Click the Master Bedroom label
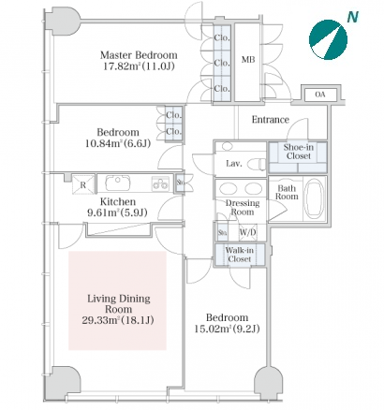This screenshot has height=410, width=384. pyautogui.click(x=139, y=55)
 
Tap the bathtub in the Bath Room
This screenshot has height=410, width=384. pyautogui.click(x=315, y=198)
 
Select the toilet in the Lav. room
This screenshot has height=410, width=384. pyautogui.click(x=258, y=164)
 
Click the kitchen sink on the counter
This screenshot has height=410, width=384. pyautogui.click(x=117, y=183)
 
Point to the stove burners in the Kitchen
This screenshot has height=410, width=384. pyautogui.click(x=160, y=183)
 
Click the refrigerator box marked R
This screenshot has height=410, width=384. pyautogui.click(x=82, y=183)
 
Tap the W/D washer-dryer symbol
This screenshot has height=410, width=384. pyautogui.click(x=247, y=232)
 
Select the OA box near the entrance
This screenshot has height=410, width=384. pyautogui.click(x=320, y=95)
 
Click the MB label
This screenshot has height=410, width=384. pyautogui.click(x=248, y=59)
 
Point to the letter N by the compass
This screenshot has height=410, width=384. pyautogui.click(x=352, y=17)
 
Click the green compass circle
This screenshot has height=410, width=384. pyautogui.click(x=328, y=40)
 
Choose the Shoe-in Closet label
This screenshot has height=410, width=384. pyautogui.click(x=298, y=152)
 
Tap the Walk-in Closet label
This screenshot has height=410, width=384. pyautogui.click(x=240, y=255)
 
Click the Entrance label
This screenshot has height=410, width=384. pyautogui.click(x=271, y=120)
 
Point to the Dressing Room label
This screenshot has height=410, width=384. pyautogui.click(x=243, y=208)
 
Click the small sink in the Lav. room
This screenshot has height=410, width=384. pyautogui.click(x=227, y=145)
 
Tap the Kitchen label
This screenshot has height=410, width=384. pyautogui.click(x=118, y=201)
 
